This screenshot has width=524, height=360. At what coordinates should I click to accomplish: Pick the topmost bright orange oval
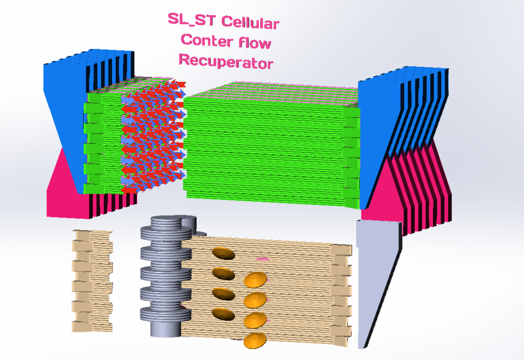[256, 280]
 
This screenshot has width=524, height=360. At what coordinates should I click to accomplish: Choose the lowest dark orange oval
[223, 313]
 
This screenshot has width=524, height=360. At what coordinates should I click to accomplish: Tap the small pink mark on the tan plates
[261, 259]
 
